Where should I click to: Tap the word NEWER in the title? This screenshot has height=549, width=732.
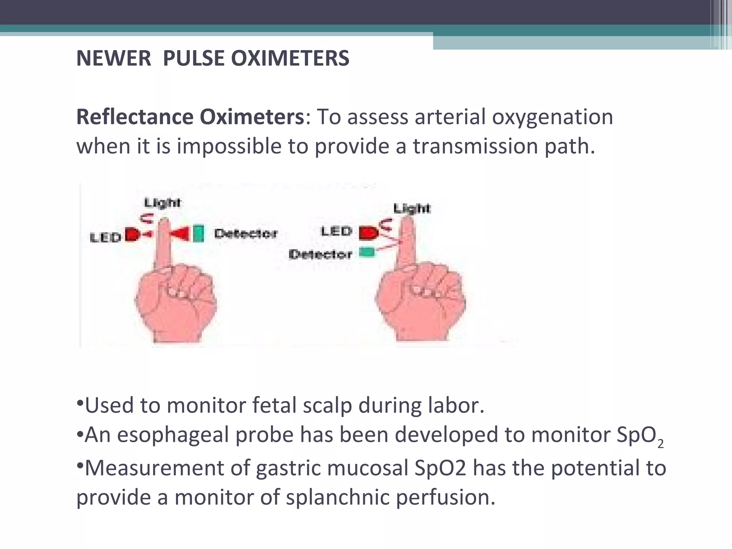pyautogui.click(x=114, y=58)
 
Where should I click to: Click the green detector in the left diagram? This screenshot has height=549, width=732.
pyautogui.click(x=198, y=233)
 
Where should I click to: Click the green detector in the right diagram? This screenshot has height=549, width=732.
pyautogui.click(x=367, y=252)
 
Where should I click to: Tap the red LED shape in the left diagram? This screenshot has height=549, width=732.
pyautogui.click(x=132, y=235)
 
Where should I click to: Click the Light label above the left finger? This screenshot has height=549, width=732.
pyautogui.click(x=162, y=203)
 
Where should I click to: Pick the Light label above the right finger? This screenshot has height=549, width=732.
pyautogui.click(x=412, y=208)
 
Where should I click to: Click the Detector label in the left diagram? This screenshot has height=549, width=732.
pyautogui.click(x=246, y=234)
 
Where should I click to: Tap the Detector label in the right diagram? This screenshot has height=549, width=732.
pyautogui.click(x=320, y=254)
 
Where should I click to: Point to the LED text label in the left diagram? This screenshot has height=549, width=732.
pyautogui.click(x=105, y=237)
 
